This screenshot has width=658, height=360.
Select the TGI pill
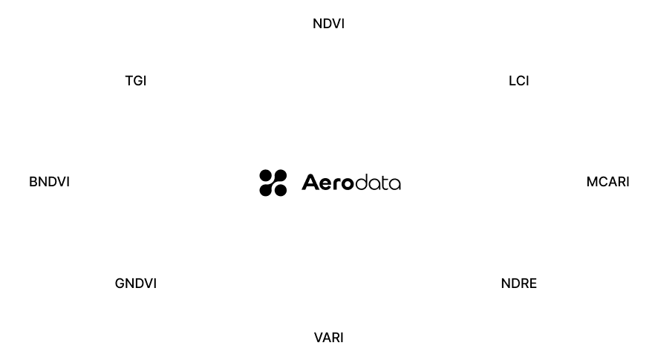(136, 79)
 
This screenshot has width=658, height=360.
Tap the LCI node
(519, 79)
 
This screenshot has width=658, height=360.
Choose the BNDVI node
(49, 181)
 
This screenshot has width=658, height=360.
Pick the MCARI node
(607, 181)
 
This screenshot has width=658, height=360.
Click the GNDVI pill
(136, 283)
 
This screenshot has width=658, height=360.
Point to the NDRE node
(519, 283)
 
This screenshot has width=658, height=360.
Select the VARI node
(328, 338)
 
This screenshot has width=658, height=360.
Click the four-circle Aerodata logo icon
(273, 183)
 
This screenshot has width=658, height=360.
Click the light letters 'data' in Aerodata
(379, 183)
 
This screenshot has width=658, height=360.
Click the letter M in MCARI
(591, 181)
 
